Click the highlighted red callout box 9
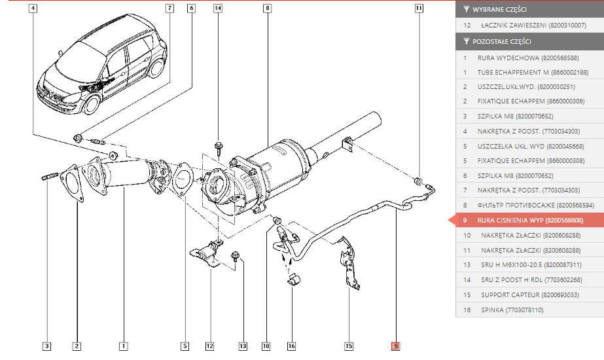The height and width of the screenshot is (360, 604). click(x=395, y=346)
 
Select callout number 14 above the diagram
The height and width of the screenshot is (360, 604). click(x=218, y=8)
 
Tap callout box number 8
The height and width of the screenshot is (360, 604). click(x=268, y=8)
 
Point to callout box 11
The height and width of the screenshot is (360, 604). click(x=419, y=8)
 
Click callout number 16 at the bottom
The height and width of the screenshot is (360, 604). click(x=292, y=346)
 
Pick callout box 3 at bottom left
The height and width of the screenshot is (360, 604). click(x=46, y=346)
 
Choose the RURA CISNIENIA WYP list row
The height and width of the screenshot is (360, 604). click(x=529, y=220)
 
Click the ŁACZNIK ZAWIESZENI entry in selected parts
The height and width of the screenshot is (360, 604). click(x=529, y=25)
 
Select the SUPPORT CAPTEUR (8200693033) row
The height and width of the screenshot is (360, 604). click(x=529, y=295)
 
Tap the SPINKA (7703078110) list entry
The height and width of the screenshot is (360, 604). click(x=529, y=310)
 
